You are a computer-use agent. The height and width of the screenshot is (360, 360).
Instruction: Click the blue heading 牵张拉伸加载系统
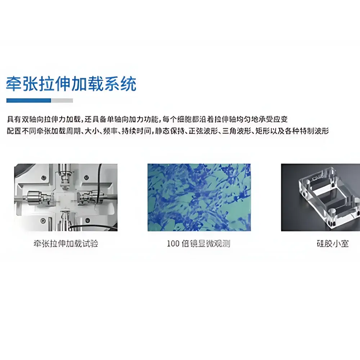click(71, 84)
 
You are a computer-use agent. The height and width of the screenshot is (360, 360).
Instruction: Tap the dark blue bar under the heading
click(28, 100)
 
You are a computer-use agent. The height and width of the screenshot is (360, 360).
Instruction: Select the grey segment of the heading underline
click(62, 100)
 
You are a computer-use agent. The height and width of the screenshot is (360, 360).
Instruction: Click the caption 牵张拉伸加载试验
click(66, 244)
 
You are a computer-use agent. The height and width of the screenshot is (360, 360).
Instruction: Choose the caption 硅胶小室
click(332, 244)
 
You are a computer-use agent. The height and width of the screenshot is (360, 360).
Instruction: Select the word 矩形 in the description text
click(261, 131)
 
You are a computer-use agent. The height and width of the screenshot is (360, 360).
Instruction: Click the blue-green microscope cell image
click(199, 197)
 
